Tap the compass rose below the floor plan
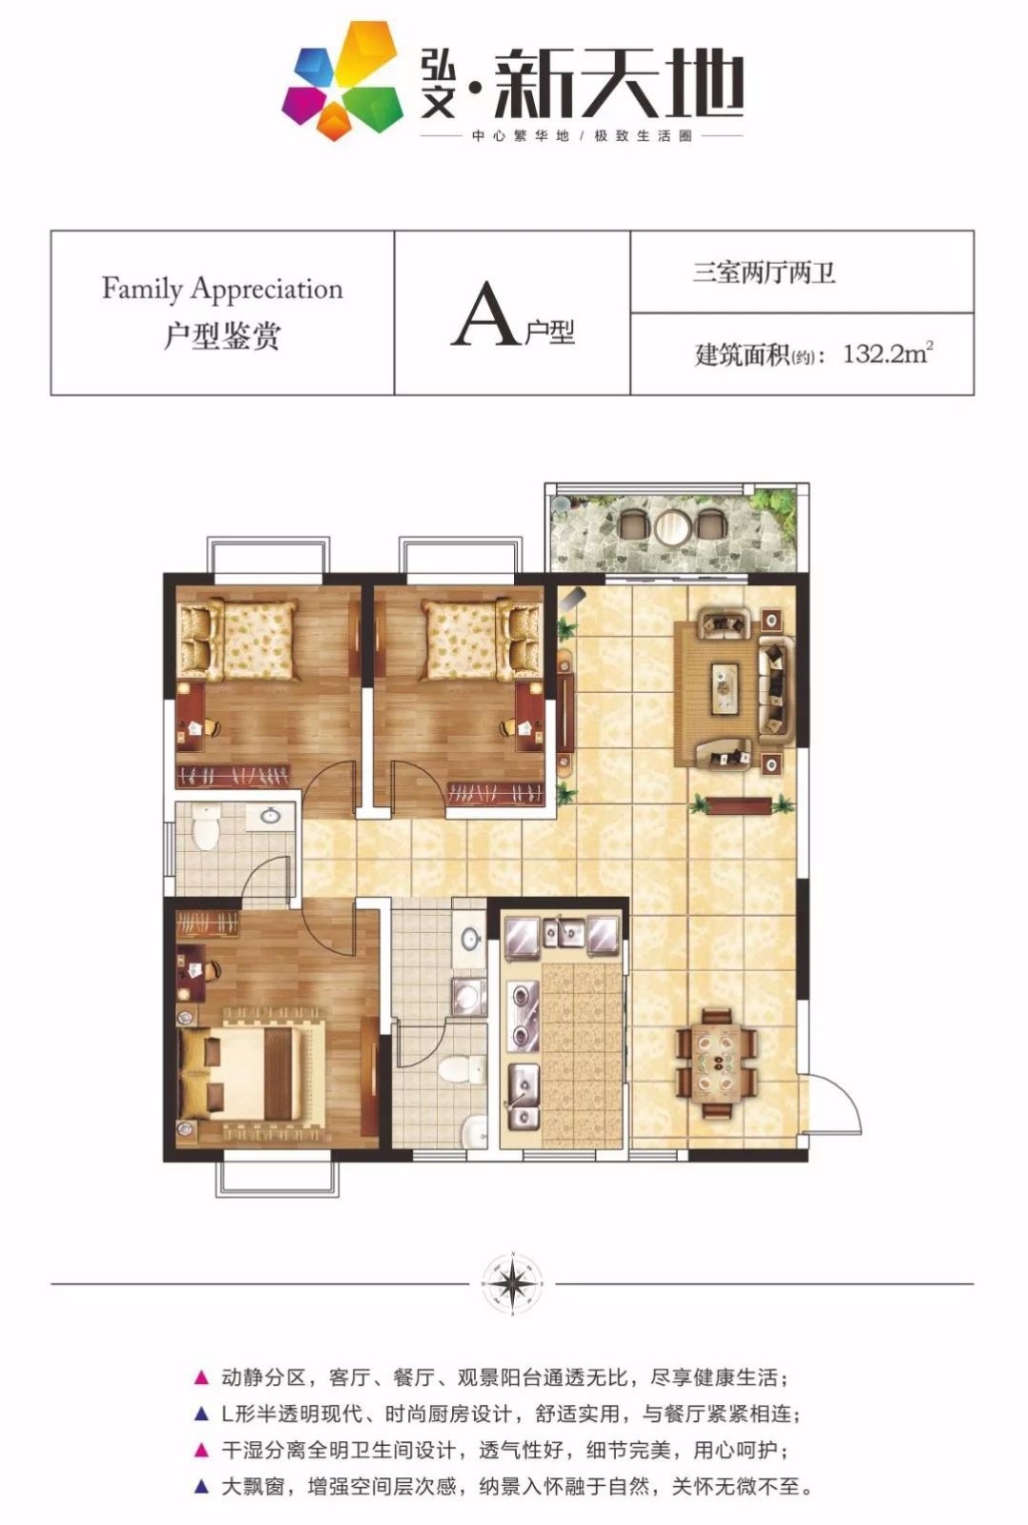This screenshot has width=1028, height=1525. pos(512,1283)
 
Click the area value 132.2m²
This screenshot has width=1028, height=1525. pos(888,353)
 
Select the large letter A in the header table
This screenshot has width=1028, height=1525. pos(484,314)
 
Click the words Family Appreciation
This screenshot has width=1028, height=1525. pos(222,289)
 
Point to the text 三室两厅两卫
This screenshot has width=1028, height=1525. pos(764,273)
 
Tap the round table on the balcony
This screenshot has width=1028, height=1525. pos(673,525)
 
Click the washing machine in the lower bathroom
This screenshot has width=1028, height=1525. pos(469,996)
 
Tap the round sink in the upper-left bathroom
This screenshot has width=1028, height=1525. pos(271,815)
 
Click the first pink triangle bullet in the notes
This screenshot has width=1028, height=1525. pos(201,1378)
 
